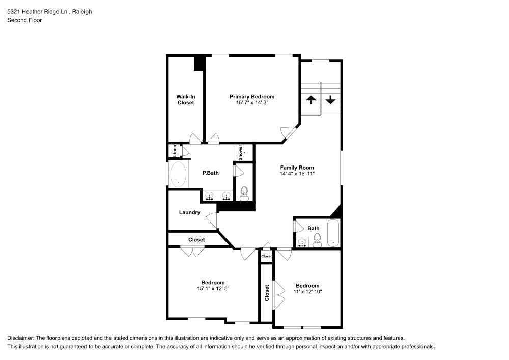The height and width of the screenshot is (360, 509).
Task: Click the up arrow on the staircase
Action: (310, 100)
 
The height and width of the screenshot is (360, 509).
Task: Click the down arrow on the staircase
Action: (331, 100)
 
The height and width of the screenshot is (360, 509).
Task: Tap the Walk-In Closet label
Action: (185, 100)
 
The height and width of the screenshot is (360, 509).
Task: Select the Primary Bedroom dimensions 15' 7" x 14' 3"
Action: (252, 103)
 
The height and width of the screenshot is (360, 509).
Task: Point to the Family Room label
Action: (297, 168)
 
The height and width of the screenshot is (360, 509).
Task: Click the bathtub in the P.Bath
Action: (178, 174)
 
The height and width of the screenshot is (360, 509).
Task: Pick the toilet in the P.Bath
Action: (244, 192)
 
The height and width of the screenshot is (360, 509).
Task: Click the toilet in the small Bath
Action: (317, 239)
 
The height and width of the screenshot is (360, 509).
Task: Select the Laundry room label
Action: (189, 213)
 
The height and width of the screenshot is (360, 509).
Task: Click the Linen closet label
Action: (174, 151)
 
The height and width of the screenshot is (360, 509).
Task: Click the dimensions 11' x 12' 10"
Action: (307, 292)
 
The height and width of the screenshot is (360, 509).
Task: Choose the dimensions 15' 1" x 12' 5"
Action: (213, 289)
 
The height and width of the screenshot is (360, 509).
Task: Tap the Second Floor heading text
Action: (24, 20)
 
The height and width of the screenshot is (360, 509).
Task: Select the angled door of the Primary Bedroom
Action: (290, 133)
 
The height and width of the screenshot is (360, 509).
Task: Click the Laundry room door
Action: (213, 220)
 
